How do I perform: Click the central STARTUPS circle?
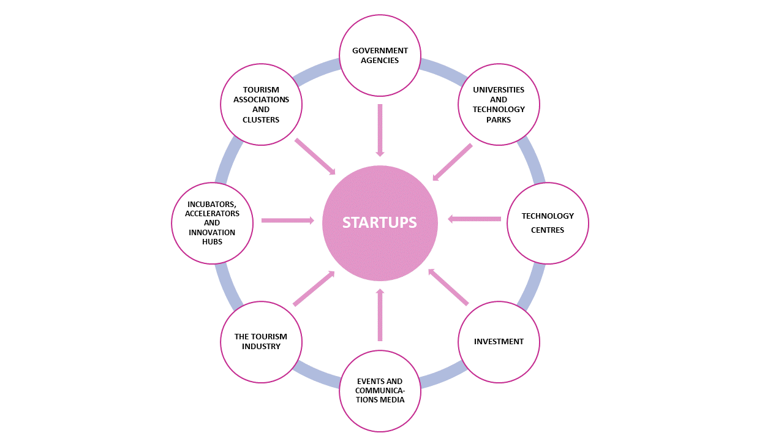pos(380,224)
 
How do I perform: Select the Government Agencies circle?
pos(380,55)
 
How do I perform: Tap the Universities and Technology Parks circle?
pos(499,104)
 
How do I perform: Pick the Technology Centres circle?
pos(548,224)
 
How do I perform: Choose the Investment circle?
pos(499,342)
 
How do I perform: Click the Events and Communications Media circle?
pos(380,391)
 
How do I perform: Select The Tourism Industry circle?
pos(261,342)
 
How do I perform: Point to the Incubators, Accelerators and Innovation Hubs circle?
pos(212,224)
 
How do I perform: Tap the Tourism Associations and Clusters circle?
pos(261,104)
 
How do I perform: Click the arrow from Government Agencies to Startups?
pos(380,130)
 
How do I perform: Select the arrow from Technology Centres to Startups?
pos(474,219)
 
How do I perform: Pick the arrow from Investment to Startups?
pos(448,287)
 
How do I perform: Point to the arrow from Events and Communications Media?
pos(380,315)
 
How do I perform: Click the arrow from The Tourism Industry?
pos(314,288)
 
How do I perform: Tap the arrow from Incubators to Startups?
pos(288,221)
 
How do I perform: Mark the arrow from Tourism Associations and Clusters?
pos(315,156)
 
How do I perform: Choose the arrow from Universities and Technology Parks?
pos(453,162)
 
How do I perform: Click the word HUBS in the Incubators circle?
pos(212,242)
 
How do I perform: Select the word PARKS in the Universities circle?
pos(499,119)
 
